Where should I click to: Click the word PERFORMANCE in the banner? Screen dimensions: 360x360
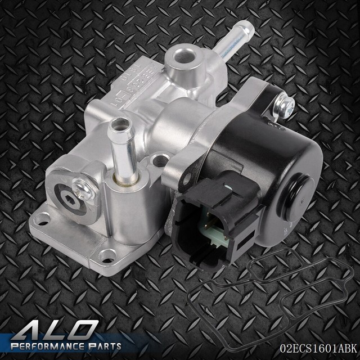(48, 345)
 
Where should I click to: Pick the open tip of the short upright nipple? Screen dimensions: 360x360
(119, 122)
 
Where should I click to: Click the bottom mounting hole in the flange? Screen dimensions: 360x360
(106, 256)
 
